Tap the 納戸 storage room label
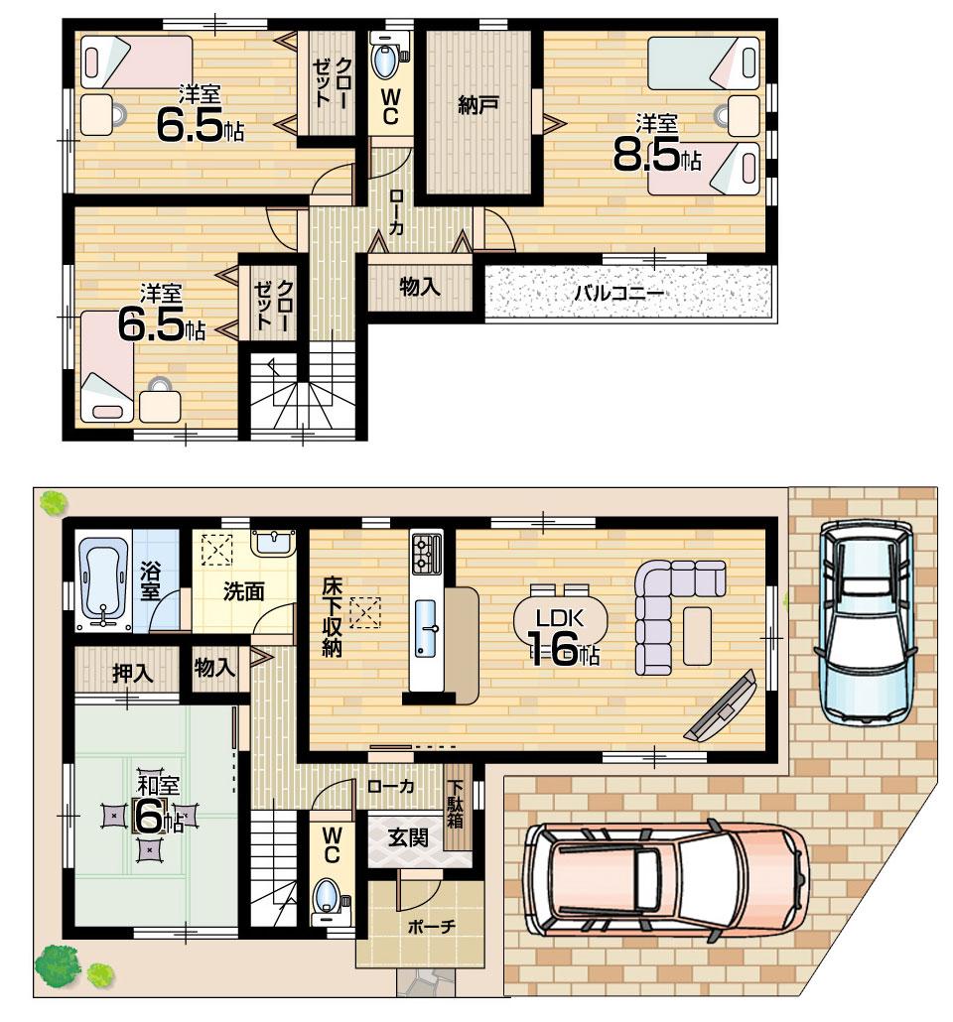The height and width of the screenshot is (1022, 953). (x=478, y=105)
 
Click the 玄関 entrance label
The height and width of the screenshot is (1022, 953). (x=406, y=838)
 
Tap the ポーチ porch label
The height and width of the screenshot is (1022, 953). (x=431, y=927)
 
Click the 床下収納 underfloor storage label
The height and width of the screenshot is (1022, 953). (x=331, y=617)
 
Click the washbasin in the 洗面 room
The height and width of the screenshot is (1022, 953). (x=269, y=542)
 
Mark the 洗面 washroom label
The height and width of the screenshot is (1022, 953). (x=243, y=592)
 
